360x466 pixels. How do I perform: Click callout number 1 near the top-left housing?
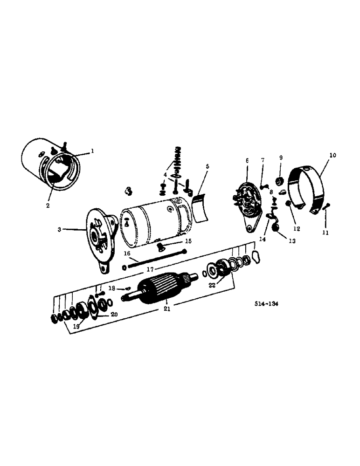pyautogui.click(x=92, y=151)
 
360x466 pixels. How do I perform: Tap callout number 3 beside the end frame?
pyautogui.click(x=60, y=229)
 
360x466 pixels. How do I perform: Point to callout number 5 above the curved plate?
pyautogui.click(x=208, y=166)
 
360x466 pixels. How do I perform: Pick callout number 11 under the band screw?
pyautogui.click(x=325, y=232)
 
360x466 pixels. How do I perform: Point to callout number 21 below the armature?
pyautogui.click(x=167, y=308)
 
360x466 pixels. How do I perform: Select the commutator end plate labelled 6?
pyautogui.click(x=247, y=203)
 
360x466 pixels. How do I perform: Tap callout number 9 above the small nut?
pyautogui.click(x=281, y=158)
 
